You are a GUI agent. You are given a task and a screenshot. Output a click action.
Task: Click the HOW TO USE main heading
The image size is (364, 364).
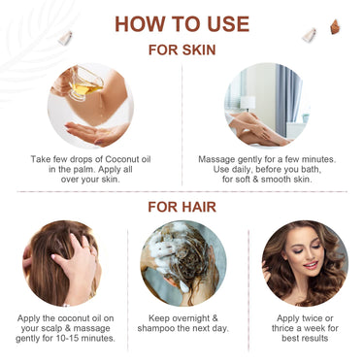point(182,23)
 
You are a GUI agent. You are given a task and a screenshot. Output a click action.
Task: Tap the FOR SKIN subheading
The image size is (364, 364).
point(182,49)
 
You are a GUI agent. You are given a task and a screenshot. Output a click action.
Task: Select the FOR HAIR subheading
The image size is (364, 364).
point(182,206)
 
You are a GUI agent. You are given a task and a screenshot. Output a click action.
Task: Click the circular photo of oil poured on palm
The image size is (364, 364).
point(90,106)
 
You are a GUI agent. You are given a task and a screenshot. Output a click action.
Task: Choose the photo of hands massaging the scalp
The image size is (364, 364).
point(61,263)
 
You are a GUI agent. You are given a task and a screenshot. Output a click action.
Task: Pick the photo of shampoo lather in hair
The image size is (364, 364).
point(182,263)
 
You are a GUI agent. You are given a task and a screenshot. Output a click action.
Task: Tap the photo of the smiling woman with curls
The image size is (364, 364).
point(304,263)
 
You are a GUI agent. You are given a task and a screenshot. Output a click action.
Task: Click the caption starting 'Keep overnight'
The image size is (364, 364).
point(182,324)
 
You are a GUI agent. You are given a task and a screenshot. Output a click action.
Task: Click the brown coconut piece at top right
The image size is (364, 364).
point(334,27)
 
